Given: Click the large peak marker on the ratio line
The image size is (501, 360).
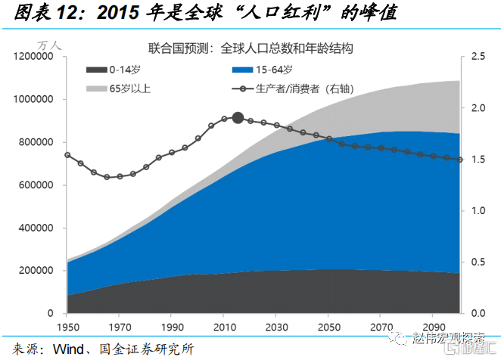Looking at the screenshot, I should (238, 117).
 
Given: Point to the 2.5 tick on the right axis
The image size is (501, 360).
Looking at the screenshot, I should (478, 57).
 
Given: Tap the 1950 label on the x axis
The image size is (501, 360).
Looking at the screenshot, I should (67, 327).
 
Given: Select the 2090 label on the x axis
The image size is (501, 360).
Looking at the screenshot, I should (436, 327).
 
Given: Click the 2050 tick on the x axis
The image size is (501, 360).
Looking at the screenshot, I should (330, 327).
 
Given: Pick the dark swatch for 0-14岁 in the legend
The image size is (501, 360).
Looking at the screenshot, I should (95, 70).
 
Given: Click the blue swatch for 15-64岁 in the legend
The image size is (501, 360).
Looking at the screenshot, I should (242, 70).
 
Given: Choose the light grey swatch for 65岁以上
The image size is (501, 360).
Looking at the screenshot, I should (95, 88).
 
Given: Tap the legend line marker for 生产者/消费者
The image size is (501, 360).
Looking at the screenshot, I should (242, 88).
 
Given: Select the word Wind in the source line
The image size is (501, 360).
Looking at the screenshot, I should (70, 349).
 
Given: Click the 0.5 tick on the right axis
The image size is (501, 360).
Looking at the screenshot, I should (478, 262).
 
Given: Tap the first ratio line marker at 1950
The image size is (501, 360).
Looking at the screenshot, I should (67, 155).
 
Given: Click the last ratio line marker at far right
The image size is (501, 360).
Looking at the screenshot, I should (460, 159).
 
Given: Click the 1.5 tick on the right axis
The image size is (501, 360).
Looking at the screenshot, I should (478, 159).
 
